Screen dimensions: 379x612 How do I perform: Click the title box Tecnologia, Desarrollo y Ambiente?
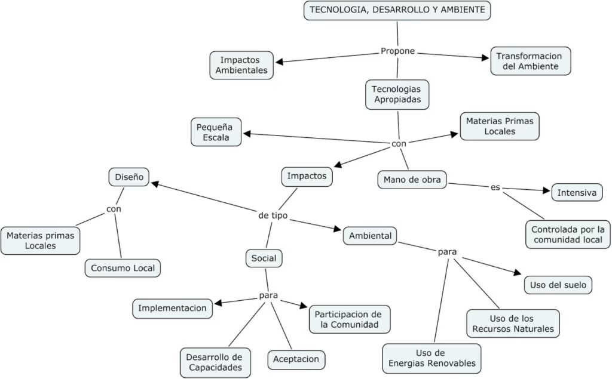(397, 10)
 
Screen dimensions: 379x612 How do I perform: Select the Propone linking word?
(397, 51)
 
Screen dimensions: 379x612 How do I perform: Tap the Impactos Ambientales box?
(242, 65)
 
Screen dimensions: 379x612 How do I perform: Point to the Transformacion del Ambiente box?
(531, 61)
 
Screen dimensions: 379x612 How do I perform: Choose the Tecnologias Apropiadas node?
(397, 94)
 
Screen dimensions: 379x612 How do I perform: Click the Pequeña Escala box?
(216, 131)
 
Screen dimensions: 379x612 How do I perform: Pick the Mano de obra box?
(412, 180)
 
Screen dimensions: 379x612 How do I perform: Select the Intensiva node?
(577, 193)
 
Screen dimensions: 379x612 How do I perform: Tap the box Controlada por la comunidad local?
(568, 235)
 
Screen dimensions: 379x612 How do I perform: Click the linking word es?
(495, 187)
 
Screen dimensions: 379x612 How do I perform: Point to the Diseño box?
(128, 177)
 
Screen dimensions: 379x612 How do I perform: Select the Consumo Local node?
(123, 268)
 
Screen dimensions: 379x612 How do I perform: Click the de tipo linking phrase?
(273, 215)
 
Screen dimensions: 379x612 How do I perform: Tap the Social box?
(264, 258)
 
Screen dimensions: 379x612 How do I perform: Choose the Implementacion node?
(172, 308)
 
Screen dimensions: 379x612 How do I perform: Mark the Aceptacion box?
(296, 359)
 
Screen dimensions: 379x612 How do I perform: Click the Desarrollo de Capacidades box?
(215, 362)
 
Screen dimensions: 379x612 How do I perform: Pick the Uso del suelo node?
(558, 285)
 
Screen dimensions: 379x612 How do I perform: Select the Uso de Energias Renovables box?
(432, 358)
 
